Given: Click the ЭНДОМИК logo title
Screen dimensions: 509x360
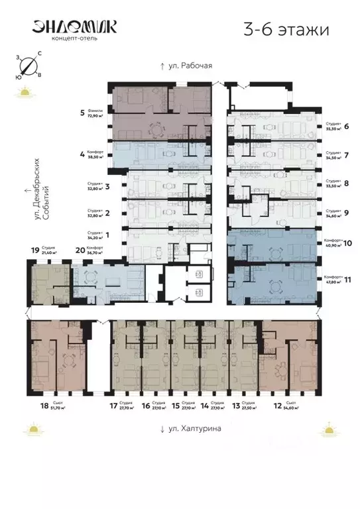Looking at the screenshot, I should coord(74,26).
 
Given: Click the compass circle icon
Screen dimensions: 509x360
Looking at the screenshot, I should coord(27,66).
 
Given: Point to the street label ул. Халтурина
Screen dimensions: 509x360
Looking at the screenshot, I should coord(190,429).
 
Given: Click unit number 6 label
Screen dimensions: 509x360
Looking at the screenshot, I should coord(347,126).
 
